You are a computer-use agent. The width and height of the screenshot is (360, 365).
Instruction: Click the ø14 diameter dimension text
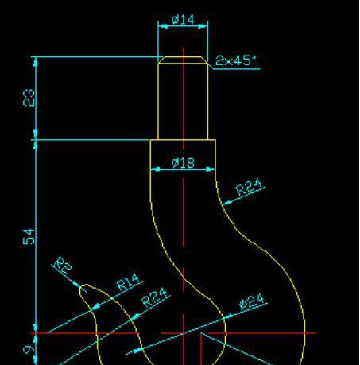[x=183, y=20]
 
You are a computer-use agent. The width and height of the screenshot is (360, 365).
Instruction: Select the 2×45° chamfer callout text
[x=236, y=60]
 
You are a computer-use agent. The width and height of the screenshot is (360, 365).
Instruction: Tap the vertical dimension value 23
[x=29, y=98]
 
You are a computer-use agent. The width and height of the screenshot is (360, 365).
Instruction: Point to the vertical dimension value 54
[x=29, y=237]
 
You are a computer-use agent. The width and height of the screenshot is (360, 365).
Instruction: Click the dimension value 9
[x=29, y=350]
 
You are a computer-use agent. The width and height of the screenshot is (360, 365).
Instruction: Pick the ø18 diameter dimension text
[x=183, y=163]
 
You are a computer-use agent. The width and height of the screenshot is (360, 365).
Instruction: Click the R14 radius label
[x=128, y=282]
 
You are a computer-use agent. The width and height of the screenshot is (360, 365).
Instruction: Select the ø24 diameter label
[x=252, y=301]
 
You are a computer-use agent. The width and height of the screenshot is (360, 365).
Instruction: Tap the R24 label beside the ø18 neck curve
[x=249, y=187]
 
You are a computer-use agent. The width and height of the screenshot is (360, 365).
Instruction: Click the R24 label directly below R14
[x=154, y=297]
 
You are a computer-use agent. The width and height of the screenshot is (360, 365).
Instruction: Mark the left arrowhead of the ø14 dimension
[x=162, y=26]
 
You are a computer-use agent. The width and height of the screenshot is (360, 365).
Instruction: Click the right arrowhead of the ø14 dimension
[x=203, y=26]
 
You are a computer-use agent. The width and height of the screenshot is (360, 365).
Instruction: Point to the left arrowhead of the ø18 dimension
[x=155, y=169]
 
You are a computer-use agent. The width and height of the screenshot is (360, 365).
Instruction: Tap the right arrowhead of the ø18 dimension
[x=211, y=169]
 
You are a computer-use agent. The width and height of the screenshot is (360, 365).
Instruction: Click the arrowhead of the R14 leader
[x=95, y=307]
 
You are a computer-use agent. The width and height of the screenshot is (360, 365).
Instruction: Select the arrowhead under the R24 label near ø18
[x=226, y=203]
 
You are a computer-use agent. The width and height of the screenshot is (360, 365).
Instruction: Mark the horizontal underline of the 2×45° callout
[x=237, y=69]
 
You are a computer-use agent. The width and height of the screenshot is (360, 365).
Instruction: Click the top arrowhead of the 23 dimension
[x=36, y=62]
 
